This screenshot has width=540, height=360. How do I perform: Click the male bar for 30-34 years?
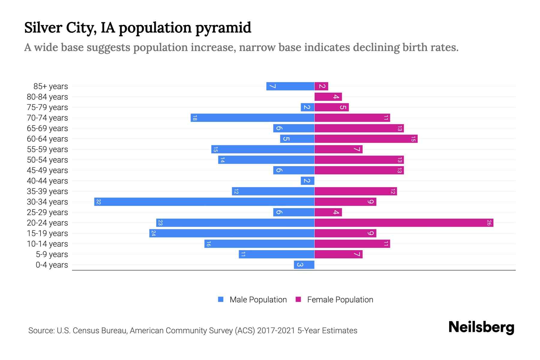204,202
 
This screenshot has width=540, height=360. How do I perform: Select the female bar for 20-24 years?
403,223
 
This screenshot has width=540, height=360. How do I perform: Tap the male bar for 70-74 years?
252,118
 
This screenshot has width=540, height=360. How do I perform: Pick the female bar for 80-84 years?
328,97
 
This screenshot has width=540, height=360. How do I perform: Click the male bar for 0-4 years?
304,265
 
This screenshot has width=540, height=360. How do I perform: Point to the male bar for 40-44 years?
307,181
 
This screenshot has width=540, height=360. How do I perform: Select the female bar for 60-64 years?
366,139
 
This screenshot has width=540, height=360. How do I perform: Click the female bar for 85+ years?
321,86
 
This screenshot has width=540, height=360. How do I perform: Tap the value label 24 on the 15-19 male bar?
153,233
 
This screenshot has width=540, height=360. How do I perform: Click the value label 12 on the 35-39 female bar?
393,191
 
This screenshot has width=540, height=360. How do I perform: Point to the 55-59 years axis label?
47,149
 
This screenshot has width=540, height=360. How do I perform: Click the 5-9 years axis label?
52,254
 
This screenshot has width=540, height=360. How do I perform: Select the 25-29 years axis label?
47,212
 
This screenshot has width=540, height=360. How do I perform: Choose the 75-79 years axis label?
47,107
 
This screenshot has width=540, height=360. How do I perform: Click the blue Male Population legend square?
221,299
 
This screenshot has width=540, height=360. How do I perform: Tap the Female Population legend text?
340,299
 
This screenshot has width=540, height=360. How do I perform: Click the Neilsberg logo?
481,327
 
